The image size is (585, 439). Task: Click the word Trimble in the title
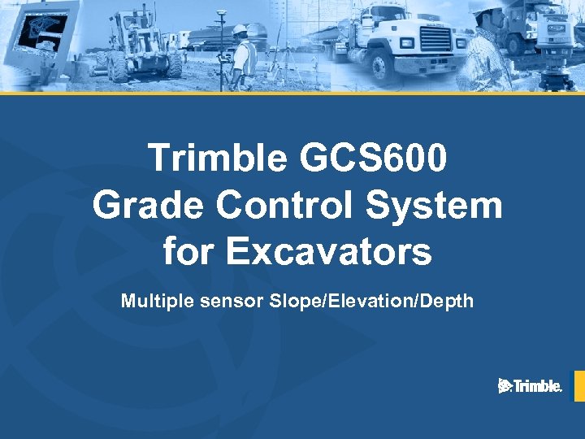(217, 159)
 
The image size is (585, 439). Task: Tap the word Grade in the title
(146, 205)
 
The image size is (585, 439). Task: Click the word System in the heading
(435, 205)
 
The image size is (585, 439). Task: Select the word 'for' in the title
(189, 251)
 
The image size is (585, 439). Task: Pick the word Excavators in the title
(328, 251)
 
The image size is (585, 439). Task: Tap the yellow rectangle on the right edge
(579, 386)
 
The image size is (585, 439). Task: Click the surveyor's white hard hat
(240, 30)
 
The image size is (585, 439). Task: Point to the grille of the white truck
(435, 40)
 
